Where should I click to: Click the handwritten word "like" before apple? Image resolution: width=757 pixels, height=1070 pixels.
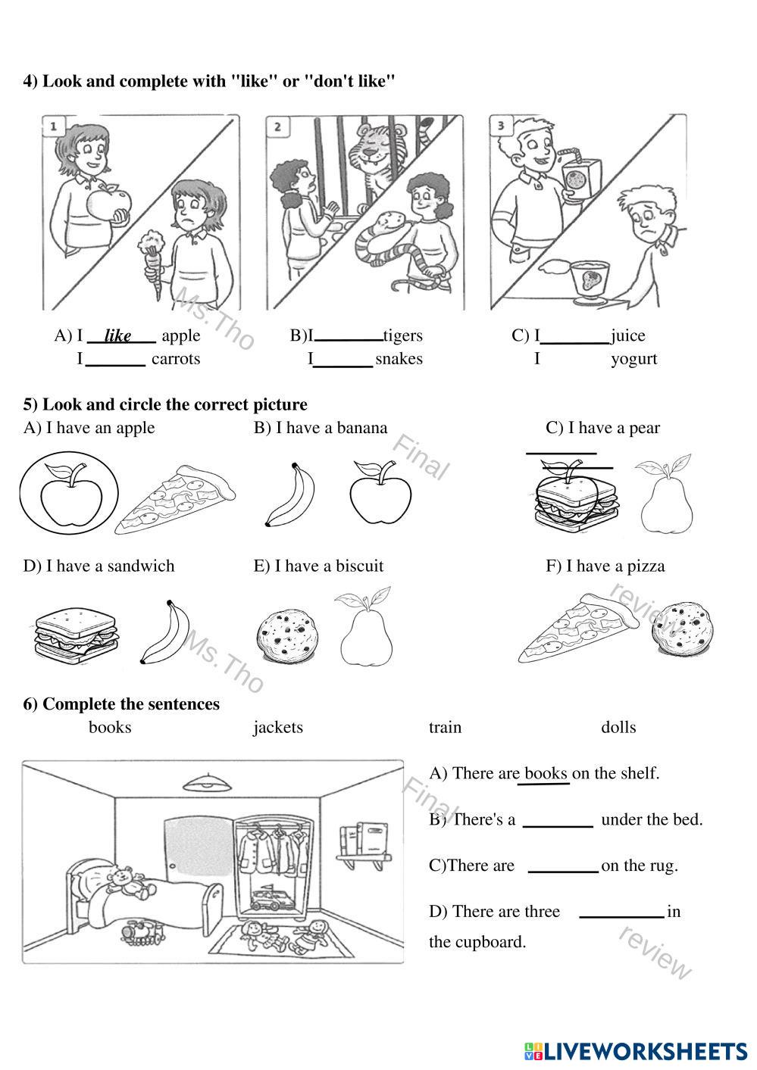118,335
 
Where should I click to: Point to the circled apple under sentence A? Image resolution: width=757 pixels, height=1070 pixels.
69,494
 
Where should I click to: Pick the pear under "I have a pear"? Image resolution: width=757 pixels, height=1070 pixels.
665,494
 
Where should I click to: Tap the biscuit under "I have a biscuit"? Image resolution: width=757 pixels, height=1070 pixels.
286,633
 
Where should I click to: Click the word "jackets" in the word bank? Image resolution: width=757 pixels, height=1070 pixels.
277,727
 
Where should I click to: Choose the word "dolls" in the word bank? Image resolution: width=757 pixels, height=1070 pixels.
618,727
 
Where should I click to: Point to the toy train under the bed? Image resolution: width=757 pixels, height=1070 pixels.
142,931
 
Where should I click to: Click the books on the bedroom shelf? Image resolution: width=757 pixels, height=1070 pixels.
364,837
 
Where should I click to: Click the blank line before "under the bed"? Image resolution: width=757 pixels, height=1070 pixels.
558,822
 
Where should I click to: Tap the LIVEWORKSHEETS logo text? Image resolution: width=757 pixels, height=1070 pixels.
644,1051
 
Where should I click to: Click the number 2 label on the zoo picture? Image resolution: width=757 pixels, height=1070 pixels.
277,126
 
